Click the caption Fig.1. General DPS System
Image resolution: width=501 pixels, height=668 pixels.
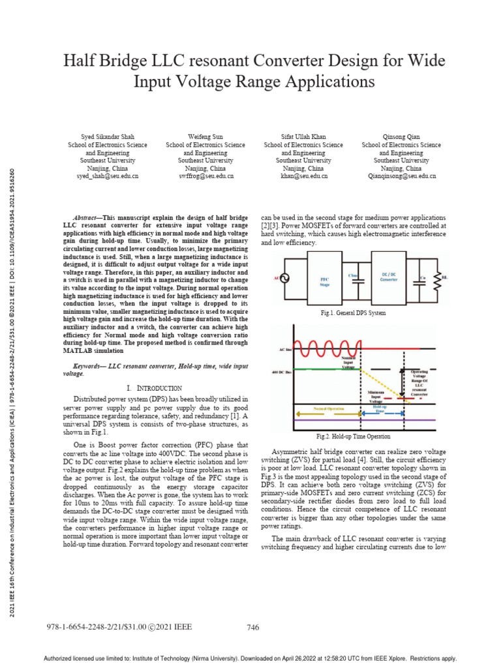pyautogui.click(x=353, y=313)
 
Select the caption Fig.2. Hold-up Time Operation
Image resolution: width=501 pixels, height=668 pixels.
pyautogui.click(x=353, y=436)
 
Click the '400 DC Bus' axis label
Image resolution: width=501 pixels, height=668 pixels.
pyautogui.click(x=282, y=372)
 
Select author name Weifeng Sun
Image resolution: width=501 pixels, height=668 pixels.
pyautogui.click(x=205, y=136)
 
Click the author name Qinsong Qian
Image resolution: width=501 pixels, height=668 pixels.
pyautogui.click(x=401, y=136)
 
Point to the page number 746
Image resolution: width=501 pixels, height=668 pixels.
pyautogui.click(x=254, y=628)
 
